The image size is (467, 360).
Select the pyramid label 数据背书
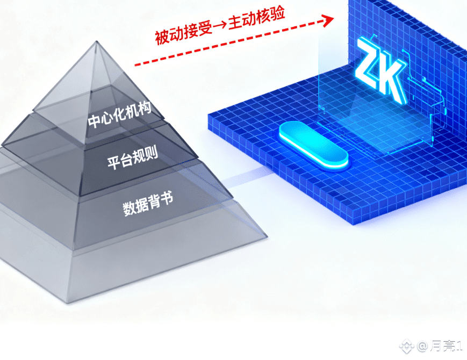(148, 204)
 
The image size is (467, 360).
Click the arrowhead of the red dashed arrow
(326, 20)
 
